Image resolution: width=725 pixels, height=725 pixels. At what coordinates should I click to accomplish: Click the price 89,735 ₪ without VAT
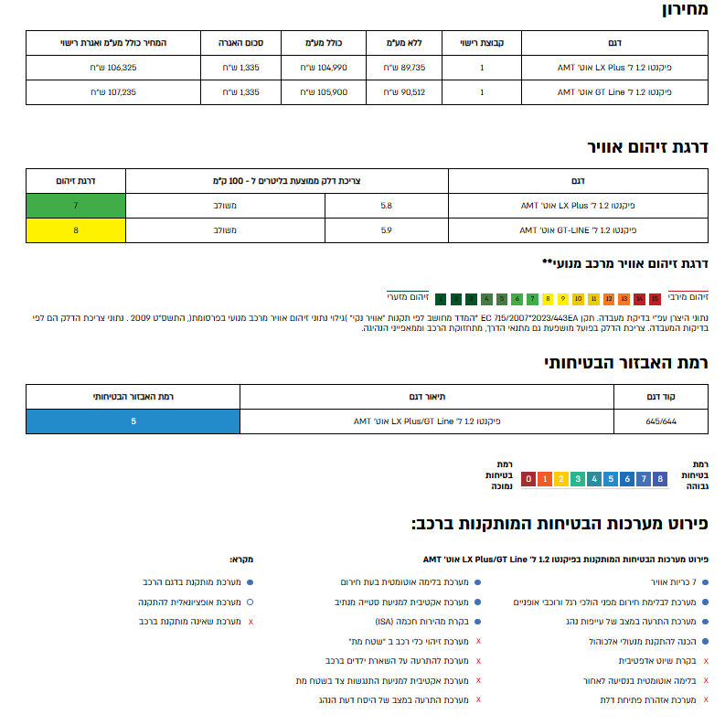404,68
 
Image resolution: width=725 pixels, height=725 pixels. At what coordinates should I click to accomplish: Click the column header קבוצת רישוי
482,43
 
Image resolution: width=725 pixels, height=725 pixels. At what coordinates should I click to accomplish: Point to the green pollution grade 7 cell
75,206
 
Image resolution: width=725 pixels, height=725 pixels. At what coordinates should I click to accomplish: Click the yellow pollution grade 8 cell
75,230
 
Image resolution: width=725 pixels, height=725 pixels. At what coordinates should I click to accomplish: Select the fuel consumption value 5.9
387,230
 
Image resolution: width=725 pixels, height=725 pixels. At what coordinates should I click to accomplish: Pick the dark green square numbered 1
441,298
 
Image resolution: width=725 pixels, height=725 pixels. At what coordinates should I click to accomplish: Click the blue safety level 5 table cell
133,421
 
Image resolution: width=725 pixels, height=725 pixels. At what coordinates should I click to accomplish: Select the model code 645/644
661,421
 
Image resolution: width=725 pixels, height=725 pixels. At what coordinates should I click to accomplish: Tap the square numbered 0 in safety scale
528,478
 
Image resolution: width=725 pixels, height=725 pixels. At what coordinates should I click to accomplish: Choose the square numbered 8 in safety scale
660,478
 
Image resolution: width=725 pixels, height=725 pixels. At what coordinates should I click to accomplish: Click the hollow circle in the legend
251,602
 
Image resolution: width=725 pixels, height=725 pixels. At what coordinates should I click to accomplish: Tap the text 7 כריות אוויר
671,581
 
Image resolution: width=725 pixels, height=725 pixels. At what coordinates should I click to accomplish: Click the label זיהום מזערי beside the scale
408,297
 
